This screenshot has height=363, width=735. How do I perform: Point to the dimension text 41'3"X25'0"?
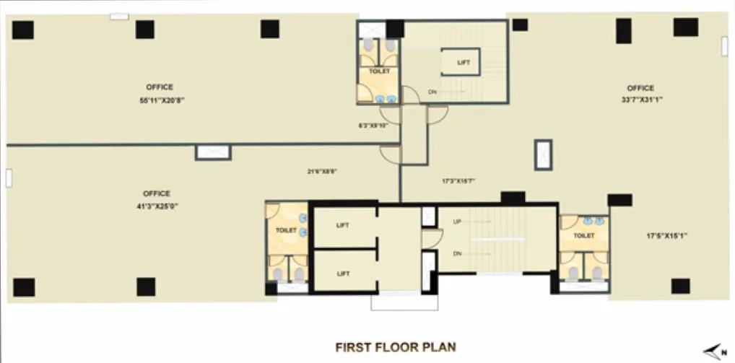tap(157, 206)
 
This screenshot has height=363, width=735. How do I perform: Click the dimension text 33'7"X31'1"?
tap(640, 100)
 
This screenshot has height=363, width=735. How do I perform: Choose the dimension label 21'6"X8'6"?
tap(323, 171)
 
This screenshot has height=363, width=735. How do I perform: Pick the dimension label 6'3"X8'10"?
tap(374, 126)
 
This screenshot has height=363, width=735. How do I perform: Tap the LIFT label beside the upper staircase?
tap(464, 63)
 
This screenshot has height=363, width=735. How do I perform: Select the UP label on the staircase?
tap(457, 221)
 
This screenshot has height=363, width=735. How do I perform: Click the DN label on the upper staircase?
tap(432, 92)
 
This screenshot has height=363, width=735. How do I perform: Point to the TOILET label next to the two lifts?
tap(286, 229)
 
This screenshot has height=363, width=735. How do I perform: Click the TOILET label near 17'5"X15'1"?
tap(584, 235)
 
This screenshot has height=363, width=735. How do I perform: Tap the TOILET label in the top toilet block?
tap(379, 71)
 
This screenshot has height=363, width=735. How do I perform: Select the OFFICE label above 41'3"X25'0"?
tap(157, 193)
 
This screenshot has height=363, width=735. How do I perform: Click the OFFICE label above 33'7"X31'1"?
tap(640, 88)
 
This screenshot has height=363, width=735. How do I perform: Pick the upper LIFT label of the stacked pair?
tap(343, 225)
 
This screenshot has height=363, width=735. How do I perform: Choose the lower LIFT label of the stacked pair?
tap(343, 274)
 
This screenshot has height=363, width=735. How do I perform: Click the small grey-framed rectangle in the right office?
tap(543, 154)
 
